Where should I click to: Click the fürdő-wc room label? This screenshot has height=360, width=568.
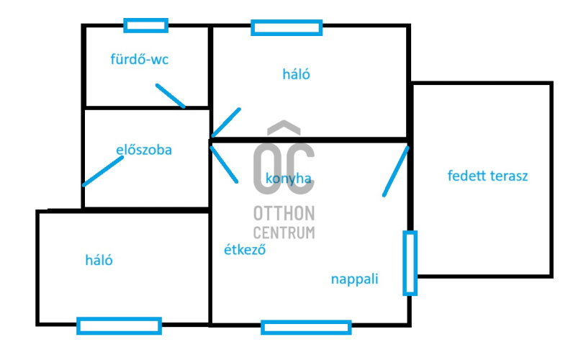point(139,59)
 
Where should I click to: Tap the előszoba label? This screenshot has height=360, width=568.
point(144,150)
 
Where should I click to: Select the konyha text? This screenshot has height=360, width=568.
point(288,179)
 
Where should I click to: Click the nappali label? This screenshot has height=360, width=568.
point(355,279)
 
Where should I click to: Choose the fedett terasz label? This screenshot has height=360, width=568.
point(487,176)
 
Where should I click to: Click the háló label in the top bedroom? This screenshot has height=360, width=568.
point(296,73)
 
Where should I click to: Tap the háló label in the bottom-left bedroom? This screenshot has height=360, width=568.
point(99,261)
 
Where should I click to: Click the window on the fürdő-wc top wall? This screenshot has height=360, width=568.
point(145,25)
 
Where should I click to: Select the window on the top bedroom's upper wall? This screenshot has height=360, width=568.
point(286,27)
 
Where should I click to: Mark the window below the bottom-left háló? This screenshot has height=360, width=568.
point(119,326)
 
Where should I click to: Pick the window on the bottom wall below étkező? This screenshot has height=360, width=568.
point(306,327)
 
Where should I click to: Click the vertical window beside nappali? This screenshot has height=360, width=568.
point(410,263)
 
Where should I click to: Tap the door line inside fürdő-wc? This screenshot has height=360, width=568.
point(171,96)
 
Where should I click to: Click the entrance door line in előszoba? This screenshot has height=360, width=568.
point(102,171)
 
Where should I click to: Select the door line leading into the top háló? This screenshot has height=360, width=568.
point(226,122)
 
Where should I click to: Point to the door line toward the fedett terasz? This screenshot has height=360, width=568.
point(395,171)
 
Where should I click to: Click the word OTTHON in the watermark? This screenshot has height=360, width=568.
point(284,213)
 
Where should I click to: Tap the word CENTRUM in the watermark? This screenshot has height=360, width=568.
point(284,232)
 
